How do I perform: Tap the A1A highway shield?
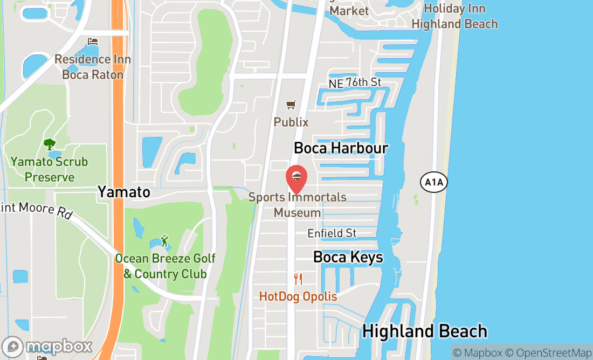tap(433, 183)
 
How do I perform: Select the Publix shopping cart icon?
tap(291, 105)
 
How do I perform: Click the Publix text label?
tap(291, 122)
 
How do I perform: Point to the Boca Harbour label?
tap(341, 148)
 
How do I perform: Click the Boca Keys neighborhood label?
tap(348, 258)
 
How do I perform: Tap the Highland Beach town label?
tap(425, 331)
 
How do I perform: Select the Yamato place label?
tap(123, 192)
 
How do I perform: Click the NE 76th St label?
tap(355, 82)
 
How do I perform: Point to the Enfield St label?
tap(332, 233)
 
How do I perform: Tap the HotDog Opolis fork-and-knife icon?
tap(298, 279)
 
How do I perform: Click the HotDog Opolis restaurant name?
tap(298, 296)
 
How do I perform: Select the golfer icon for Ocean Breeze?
tap(165, 241)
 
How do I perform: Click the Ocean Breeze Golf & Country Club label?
tap(165, 266)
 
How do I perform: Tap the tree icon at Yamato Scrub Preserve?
tap(50, 144)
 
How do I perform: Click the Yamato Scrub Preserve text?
tap(49, 169)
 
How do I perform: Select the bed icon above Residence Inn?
tap(93, 42)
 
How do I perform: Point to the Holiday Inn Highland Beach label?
tap(454, 16)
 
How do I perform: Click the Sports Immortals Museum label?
tap(298, 205)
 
